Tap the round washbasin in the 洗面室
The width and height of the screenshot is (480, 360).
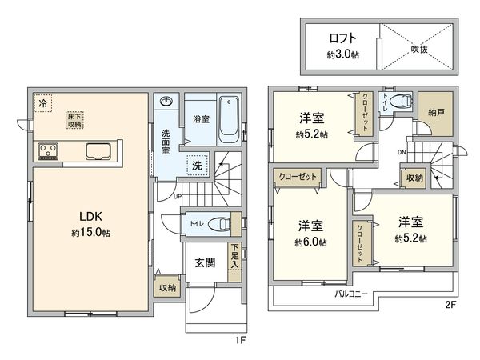click(x=167, y=101)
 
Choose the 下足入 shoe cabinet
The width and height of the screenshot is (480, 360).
click(x=234, y=256)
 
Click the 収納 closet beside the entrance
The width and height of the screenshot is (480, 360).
click(x=166, y=286)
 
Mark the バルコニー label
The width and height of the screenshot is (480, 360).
click(x=350, y=294)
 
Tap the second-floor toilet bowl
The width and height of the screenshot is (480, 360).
click(x=404, y=102)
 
